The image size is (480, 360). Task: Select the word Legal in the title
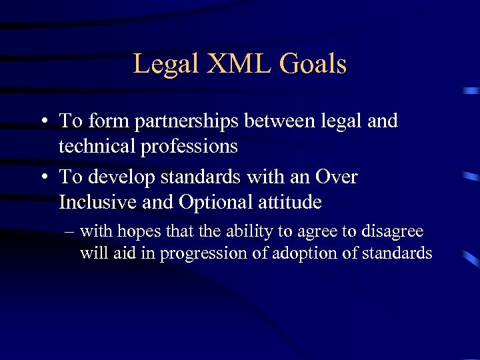click(166, 64)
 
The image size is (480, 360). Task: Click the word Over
click(336, 177)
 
